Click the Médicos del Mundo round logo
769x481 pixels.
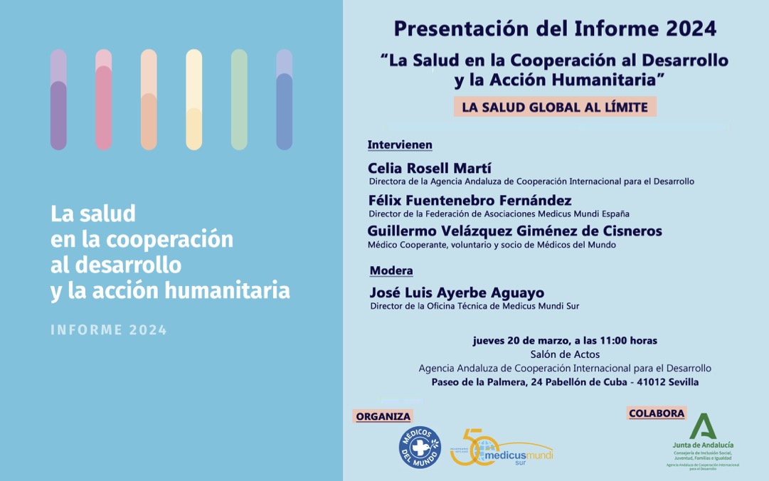[420, 448]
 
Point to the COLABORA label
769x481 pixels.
[657, 413]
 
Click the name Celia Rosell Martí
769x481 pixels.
[420, 168]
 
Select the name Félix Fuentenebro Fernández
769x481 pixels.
[470, 201]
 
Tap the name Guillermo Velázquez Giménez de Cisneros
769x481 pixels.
[514, 231]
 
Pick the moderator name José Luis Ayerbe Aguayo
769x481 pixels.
[457, 292]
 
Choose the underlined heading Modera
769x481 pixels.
[391, 270]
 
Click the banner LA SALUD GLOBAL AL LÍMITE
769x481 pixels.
[555, 107]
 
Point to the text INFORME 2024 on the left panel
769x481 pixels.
[109, 330]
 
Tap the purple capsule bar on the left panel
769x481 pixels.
[58, 100]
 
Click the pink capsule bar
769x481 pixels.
[104, 100]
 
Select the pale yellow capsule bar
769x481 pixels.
[193, 100]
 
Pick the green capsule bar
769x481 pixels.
[239, 100]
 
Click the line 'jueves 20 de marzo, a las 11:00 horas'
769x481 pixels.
[565, 340]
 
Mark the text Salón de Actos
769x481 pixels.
[565, 354]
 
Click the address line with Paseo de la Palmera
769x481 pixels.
[565, 382]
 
